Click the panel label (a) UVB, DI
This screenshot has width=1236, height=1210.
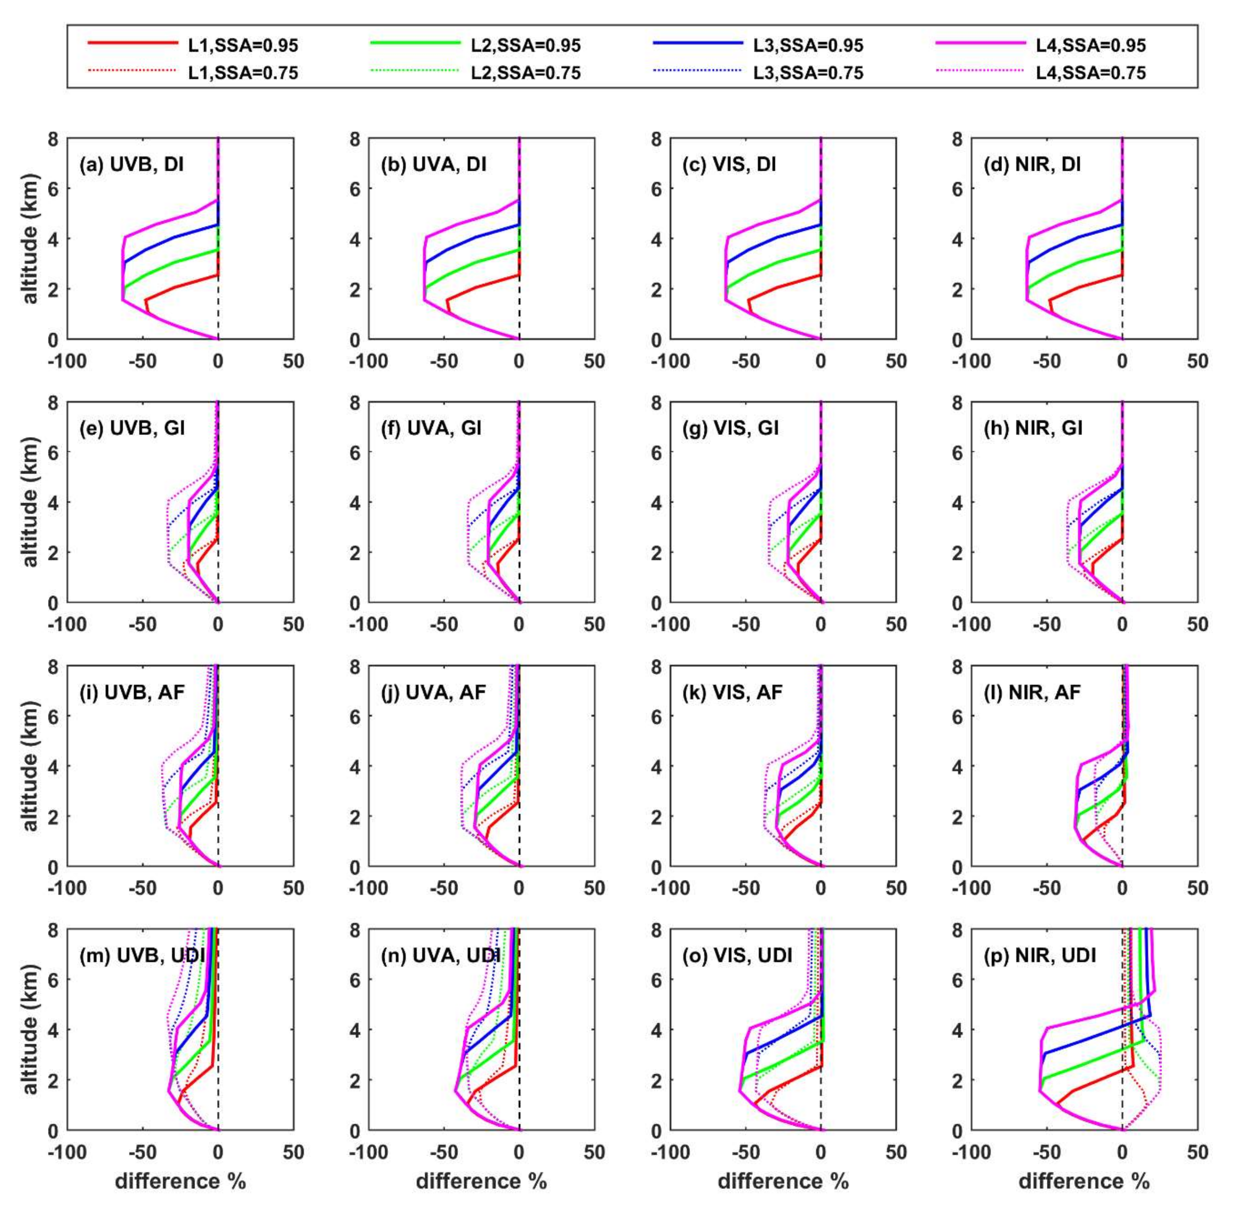point(132,165)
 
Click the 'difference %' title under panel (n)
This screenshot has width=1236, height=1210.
point(481,1181)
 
